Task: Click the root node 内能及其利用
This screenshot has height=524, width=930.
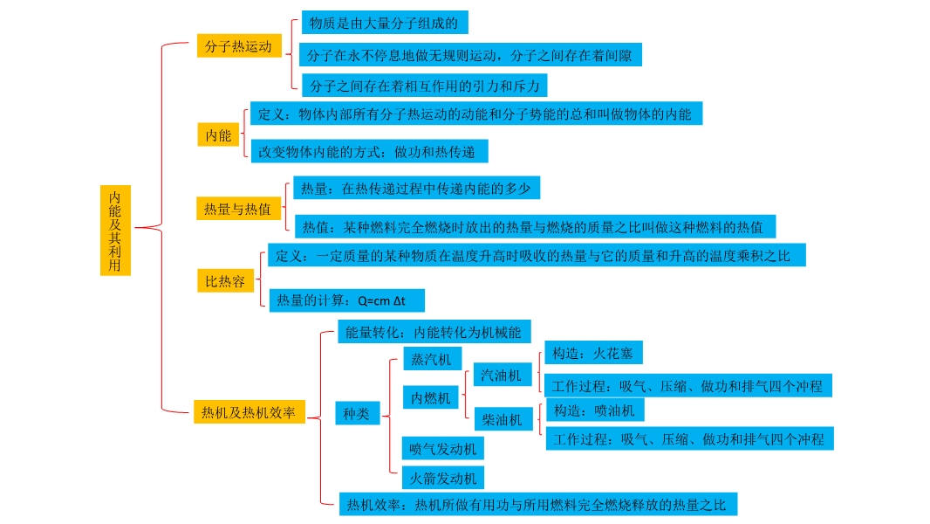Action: (x=115, y=230)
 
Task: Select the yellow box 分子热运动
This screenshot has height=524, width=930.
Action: (x=239, y=47)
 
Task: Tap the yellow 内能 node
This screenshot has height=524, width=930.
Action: (x=218, y=135)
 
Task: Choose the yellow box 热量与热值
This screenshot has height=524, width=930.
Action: (x=237, y=209)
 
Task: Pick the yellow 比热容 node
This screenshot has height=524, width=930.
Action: (x=225, y=281)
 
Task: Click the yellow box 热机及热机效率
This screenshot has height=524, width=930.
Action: (x=249, y=412)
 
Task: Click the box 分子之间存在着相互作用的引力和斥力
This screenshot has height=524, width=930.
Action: (x=425, y=85)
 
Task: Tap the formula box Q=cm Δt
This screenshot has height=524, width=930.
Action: (x=346, y=300)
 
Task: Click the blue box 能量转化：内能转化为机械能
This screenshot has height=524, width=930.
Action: (x=433, y=332)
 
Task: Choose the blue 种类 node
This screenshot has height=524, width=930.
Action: (x=357, y=414)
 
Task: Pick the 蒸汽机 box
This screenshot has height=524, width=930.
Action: (x=432, y=359)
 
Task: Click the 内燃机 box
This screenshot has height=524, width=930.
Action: (x=431, y=397)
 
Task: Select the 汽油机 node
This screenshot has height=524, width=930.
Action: (x=502, y=376)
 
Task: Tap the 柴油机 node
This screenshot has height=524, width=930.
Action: (x=503, y=420)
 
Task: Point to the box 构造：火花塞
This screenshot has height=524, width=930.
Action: (x=593, y=354)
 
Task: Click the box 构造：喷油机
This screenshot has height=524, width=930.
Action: (x=594, y=410)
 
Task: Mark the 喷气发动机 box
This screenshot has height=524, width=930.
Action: (x=443, y=449)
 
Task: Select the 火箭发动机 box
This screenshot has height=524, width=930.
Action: (x=443, y=478)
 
